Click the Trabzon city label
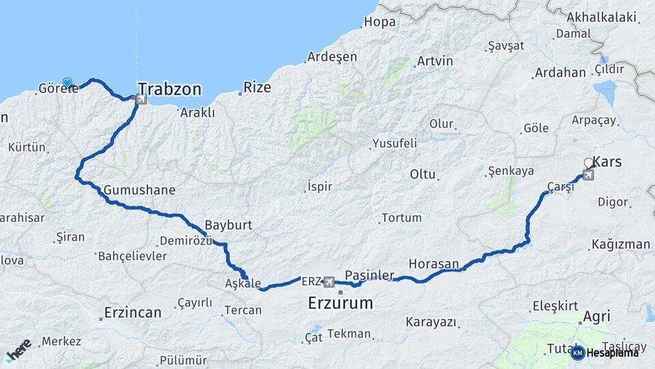(x=170, y=90)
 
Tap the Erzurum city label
(x=340, y=303)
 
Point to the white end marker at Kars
(x=589, y=163)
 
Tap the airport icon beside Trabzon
(x=141, y=100)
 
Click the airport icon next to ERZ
(x=330, y=282)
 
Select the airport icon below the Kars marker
(x=588, y=175)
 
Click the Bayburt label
(x=229, y=225)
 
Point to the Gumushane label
(x=140, y=191)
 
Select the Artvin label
(x=435, y=61)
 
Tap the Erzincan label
(x=132, y=313)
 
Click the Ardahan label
(x=560, y=72)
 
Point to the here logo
(x=18, y=349)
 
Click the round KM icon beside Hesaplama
(x=577, y=353)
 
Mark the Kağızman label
(x=621, y=244)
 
